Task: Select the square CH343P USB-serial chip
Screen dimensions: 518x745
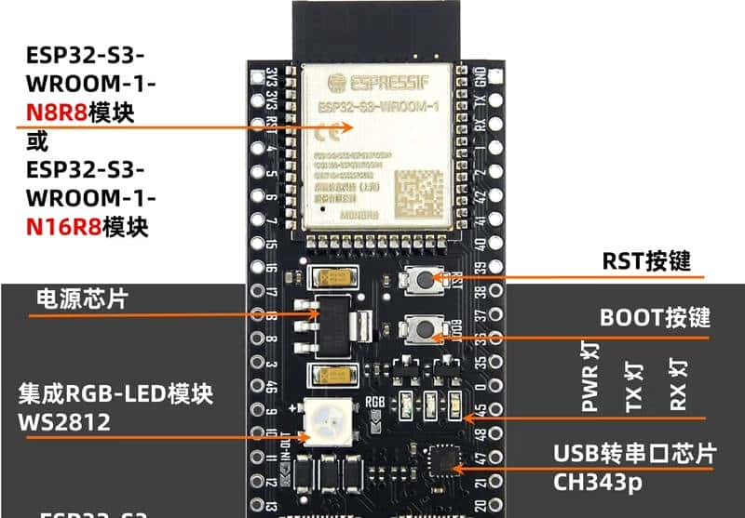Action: (x=440, y=460)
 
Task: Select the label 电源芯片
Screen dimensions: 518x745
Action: (x=82, y=299)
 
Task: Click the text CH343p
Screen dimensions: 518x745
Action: (x=601, y=482)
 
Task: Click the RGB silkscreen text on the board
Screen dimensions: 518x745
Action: (x=375, y=404)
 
